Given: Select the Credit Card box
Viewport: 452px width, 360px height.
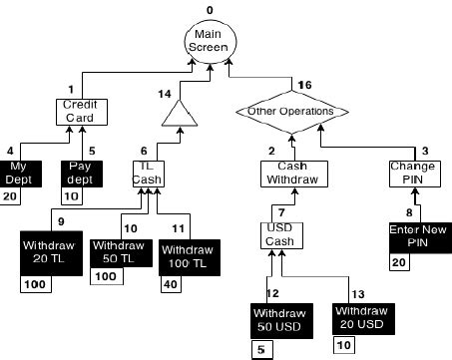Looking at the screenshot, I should point(78,111).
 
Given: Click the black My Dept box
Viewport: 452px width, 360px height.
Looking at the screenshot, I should point(17,172).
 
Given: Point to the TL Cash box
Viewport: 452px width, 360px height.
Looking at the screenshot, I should point(147,174).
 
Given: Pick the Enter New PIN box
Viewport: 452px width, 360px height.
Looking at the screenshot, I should point(413,238).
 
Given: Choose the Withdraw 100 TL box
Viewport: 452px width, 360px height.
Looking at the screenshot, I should point(189,258).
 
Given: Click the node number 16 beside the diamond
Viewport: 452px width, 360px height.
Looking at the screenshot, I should point(305,86).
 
